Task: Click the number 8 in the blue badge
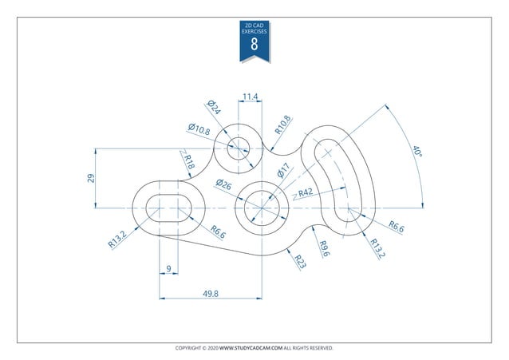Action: [x=254, y=45]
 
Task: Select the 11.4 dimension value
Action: [x=250, y=97]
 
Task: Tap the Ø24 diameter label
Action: [x=213, y=108]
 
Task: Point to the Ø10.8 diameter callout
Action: [x=199, y=129]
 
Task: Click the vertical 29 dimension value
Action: [x=92, y=178]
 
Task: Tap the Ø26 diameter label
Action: [x=223, y=185]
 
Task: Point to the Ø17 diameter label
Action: [x=284, y=171]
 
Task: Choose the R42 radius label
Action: [x=305, y=192]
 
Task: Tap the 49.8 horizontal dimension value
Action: [x=211, y=294]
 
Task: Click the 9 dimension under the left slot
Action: [x=168, y=267]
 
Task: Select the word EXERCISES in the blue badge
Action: [x=254, y=30]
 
